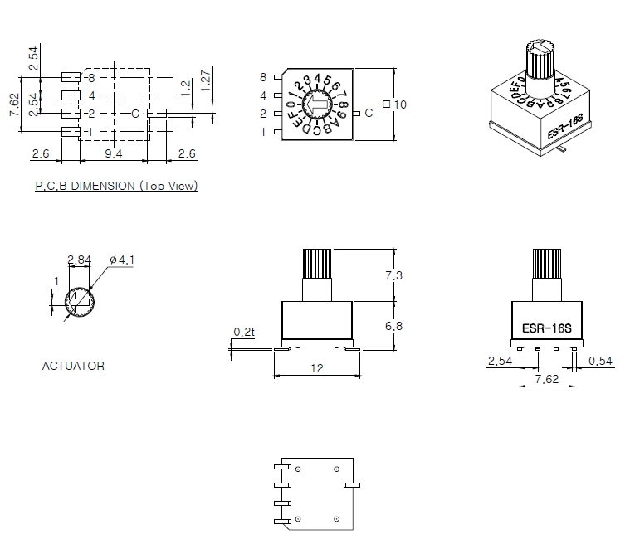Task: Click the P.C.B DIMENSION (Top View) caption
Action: click(x=116, y=186)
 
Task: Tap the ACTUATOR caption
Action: click(x=73, y=366)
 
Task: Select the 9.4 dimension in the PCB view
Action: click(x=114, y=153)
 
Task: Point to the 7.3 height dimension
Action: click(x=393, y=275)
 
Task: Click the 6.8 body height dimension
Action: click(x=393, y=326)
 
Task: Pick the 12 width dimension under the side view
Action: click(x=317, y=368)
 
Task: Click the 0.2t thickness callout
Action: click(x=244, y=332)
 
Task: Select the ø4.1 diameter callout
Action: click(x=122, y=260)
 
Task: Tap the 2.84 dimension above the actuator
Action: click(x=79, y=260)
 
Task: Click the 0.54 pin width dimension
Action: click(x=600, y=362)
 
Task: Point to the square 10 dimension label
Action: click(x=394, y=104)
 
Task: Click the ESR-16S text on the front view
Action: click(x=547, y=328)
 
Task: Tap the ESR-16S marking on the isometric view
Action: click(x=565, y=127)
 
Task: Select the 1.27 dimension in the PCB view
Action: click(x=205, y=80)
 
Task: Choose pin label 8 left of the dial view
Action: click(x=263, y=77)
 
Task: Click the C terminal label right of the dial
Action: click(x=369, y=114)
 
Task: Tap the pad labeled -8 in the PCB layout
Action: click(x=71, y=77)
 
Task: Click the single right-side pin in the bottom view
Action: click(x=352, y=485)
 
